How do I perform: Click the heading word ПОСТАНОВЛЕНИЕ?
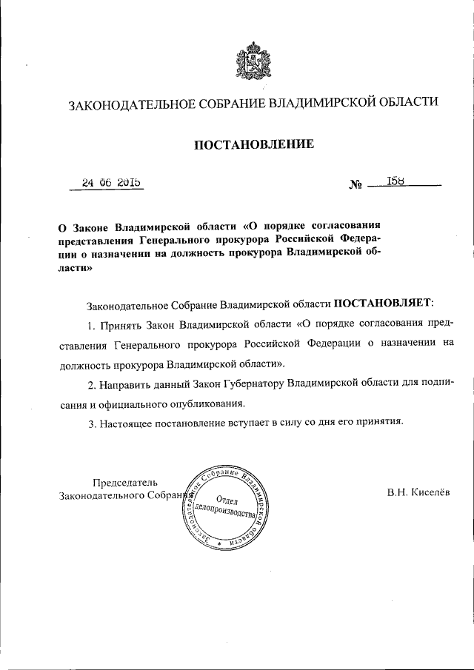pyautogui.click(x=254, y=144)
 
